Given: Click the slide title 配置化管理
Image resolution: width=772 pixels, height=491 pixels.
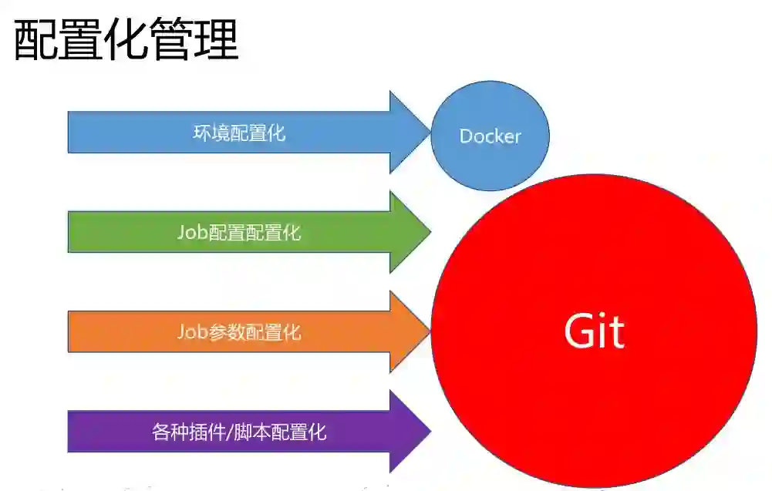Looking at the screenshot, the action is point(126,40).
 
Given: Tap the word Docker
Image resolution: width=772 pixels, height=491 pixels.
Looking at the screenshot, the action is point(490,136).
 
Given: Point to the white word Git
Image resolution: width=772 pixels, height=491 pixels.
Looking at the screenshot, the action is point(594,331).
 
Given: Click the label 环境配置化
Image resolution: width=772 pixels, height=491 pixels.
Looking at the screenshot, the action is point(239,133).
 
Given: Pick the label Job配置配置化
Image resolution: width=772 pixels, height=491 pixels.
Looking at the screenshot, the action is point(239,232).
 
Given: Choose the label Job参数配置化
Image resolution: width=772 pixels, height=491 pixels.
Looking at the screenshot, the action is point(239,332).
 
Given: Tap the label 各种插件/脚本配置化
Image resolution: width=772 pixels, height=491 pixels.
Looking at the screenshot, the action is point(239,432).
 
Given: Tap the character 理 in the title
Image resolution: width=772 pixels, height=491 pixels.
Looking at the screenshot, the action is point(216,40).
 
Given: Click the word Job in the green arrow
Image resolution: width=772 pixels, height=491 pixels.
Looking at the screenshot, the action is point(192,232).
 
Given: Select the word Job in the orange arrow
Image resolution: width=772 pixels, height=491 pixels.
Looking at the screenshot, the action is point(192,332).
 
